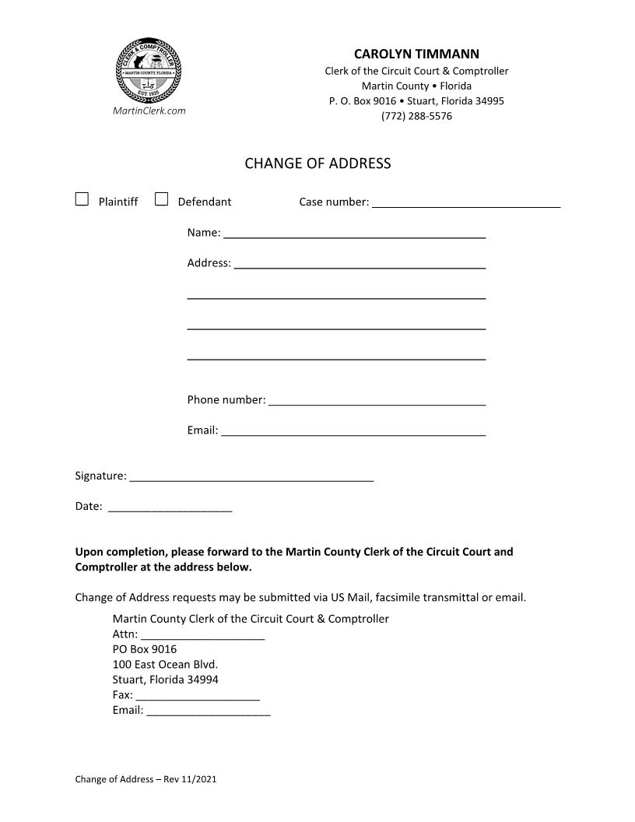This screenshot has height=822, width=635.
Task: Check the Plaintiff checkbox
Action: (x=82, y=199)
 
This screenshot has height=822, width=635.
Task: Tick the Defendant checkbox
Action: (x=162, y=199)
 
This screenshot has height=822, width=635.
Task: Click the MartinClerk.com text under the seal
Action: (x=149, y=111)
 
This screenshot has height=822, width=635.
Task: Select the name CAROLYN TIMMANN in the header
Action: (x=416, y=54)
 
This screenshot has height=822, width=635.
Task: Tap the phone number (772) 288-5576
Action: (x=416, y=116)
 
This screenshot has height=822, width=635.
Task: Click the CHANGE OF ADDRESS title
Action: (x=317, y=163)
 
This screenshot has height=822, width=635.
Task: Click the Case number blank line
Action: (x=466, y=205)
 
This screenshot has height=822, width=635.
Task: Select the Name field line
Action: (x=355, y=236)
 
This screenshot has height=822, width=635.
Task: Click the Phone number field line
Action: (x=377, y=403)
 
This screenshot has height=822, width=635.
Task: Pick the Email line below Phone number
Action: (x=353, y=434)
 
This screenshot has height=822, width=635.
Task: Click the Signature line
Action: (x=251, y=479)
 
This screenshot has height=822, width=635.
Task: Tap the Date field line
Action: (x=170, y=510)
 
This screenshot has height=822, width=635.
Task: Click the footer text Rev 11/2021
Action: (x=190, y=778)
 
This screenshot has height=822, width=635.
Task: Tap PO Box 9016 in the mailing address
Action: (x=145, y=649)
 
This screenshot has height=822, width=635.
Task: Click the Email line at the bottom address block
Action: (x=209, y=713)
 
